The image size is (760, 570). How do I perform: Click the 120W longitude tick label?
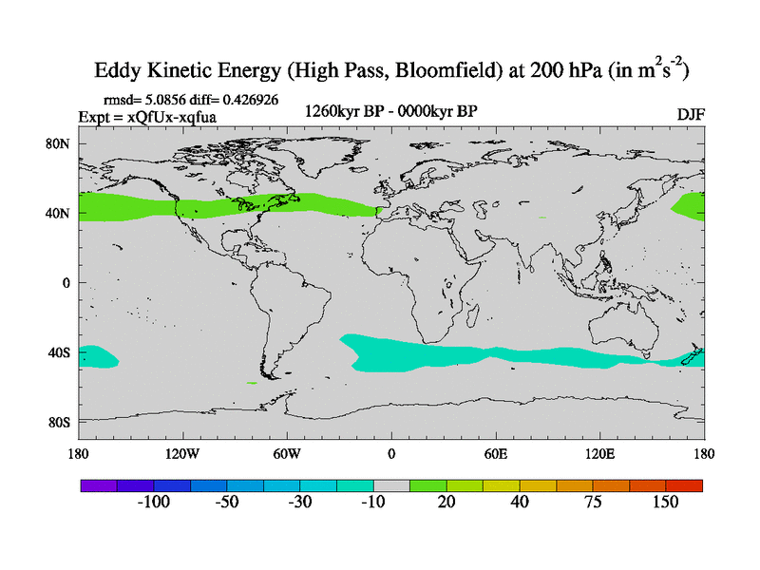pyautogui.click(x=181, y=453)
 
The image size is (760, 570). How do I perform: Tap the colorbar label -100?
pyautogui.click(x=153, y=503)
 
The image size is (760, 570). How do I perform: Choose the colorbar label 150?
pyautogui.click(x=665, y=503)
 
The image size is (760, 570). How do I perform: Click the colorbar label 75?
pyautogui.click(x=593, y=503)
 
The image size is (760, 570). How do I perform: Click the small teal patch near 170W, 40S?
pyautogui.click(x=99, y=356)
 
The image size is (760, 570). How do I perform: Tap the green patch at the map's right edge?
pyautogui.click(x=688, y=205)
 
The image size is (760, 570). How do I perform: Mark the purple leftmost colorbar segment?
pyautogui.click(x=98, y=485)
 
